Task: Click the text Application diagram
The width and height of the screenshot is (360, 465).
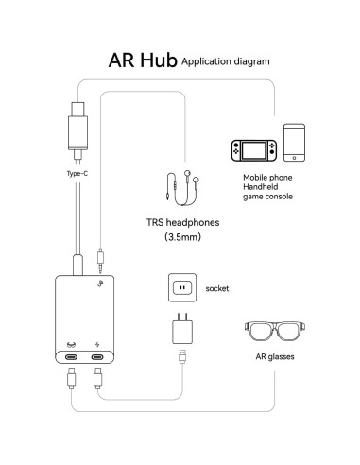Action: tap(225, 61)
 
